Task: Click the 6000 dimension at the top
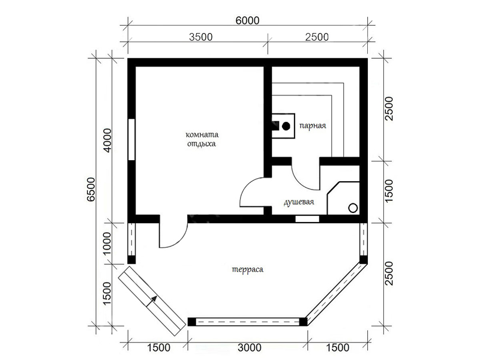pyautogui.click(x=247, y=20)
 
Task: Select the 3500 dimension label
pyautogui.click(x=200, y=37)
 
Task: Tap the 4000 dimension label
pyautogui.click(x=108, y=140)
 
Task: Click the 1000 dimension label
pyautogui.click(x=107, y=244)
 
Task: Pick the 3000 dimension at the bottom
pyautogui.click(x=250, y=347)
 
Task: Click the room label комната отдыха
pyautogui.click(x=202, y=139)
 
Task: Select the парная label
pyautogui.click(x=313, y=125)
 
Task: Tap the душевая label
pyautogui.click(x=299, y=202)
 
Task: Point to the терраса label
pyautogui.click(x=247, y=269)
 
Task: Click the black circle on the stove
pyautogui.click(x=286, y=126)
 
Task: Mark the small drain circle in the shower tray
pyautogui.click(x=353, y=208)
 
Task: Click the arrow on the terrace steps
pyautogui.click(x=152, y=301)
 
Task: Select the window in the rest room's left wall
pyautogui.click(x=131, y=139)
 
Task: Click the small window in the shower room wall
pyautogui.click(x=307, y=219)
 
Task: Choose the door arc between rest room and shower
pyautogui.click(x=245, y=188)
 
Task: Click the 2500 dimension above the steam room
pyautogui.click(x=317, y=37)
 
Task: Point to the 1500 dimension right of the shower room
pyautogui.click(x=388, y=190)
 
